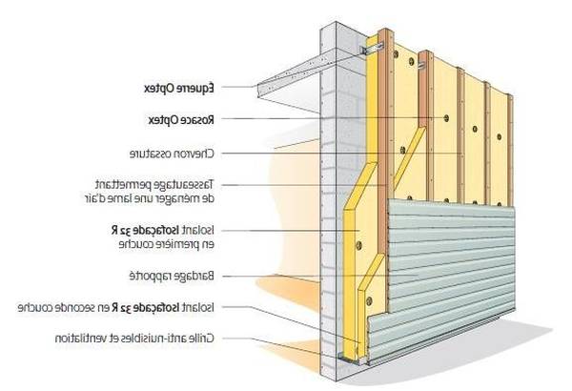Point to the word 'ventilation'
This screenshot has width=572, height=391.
[80, 338]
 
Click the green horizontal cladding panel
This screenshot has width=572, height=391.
[448, 257]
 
